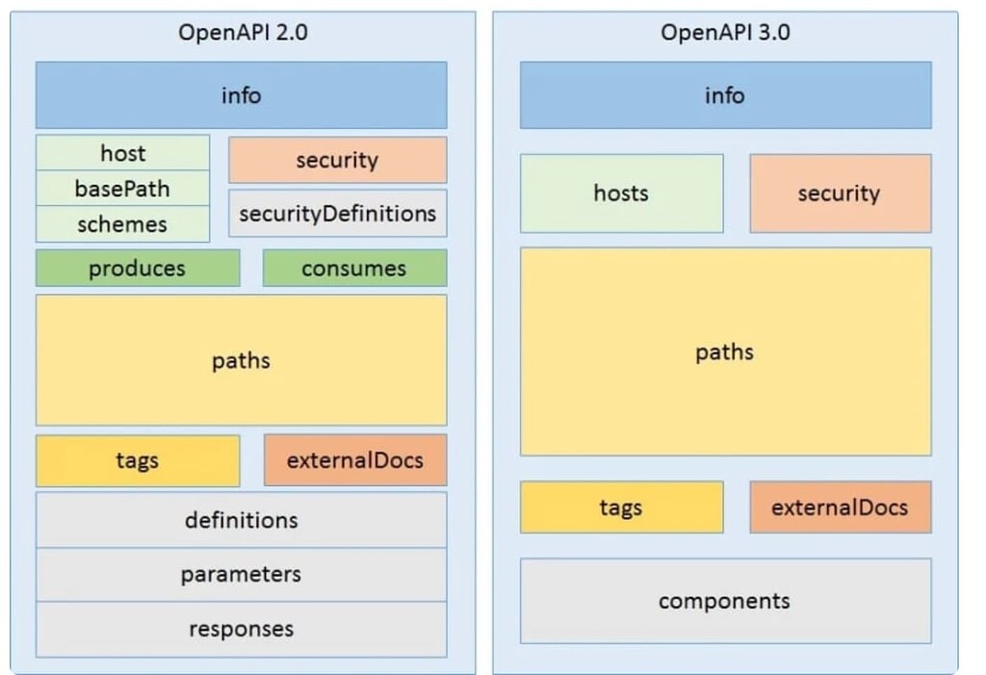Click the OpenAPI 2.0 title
pyautogui.click(x=243, y=32)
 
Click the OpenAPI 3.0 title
pyautogui.click(x=725, y=32)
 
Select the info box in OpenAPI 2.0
pyautogui.click(x=241, y=95)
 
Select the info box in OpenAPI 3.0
pyautogui.click(x=725, y=95)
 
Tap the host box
pyautogui.click(x=122, y=153)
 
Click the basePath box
pyautogui.click(x=122, y=188)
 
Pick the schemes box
pyautogui.click(x=122, y=223)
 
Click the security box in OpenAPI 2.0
pyautogui.click(x=337, y=160)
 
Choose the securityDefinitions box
pyautogui.click(x=337, y=213)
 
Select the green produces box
pyautogui.click(x=138, y=269)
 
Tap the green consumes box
pyautogui.click(x=354, y=269)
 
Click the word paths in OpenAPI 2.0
pyautogui.click(x=241, y=361)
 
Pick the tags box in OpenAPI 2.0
pyautogui.click(x=138, y=460)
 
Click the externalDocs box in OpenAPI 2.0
pyautogui.click(x=354, y=460)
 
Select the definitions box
pyautogui.click(x=241, y=520)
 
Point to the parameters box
pyautogui.click(x=241, y=575)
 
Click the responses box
pyautogui.click(x=241, y=630)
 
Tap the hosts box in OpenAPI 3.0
pyautogui.click(x=621, y=194)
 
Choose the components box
pyautogui.click(x=725, y=601)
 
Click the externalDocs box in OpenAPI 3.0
pyautogui.click(x=840, y=507)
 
